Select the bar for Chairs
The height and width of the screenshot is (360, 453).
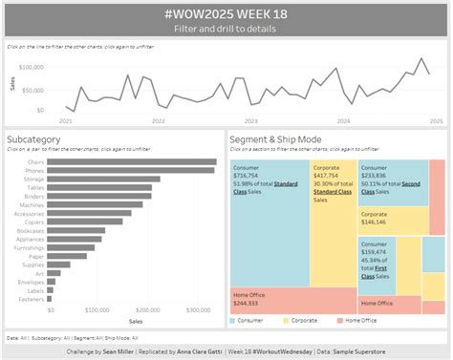[x=131, y=162]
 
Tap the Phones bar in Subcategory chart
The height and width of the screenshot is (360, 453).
[x=130, y=170]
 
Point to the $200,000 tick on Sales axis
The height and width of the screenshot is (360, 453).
[x=147, y=310]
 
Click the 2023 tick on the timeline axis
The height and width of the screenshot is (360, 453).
[x=250, y=121]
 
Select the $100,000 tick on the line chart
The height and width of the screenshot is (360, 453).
[x=31, y=68]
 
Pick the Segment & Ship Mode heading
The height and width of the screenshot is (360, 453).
[x=275, y=139]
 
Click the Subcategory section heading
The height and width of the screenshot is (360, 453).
[x=32, y=139]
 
